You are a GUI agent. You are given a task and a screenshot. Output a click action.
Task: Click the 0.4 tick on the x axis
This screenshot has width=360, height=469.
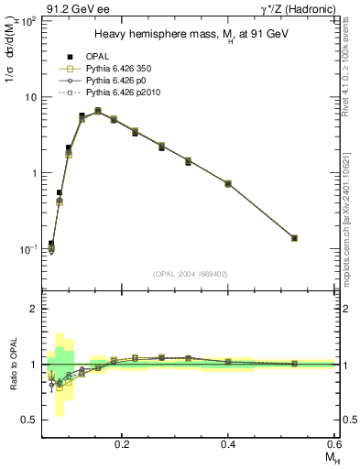228,444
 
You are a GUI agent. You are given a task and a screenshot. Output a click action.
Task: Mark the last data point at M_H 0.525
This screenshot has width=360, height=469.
295,238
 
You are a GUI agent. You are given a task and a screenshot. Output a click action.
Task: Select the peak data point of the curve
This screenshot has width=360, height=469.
98,111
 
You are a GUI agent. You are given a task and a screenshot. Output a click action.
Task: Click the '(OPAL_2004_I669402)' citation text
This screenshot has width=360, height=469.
191,274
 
